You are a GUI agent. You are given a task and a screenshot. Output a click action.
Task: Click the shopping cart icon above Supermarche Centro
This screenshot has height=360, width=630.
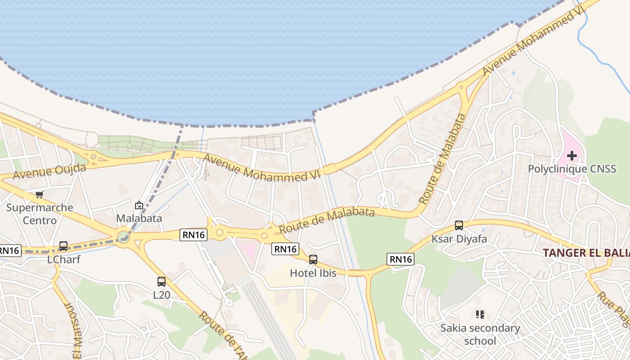coord(39,195)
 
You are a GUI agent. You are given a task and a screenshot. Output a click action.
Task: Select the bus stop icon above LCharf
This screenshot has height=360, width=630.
coord(63,246)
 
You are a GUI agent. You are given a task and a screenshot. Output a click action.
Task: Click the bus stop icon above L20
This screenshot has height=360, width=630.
coord(162,282)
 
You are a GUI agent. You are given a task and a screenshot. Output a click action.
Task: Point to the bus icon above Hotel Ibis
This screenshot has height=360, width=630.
coord(313,260)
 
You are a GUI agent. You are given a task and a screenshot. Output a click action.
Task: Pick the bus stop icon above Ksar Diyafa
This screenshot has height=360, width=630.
coord(459,225)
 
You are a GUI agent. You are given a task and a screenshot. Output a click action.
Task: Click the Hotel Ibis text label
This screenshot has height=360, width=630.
coord(312,273)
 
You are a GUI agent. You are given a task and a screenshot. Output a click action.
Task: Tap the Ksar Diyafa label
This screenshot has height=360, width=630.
coord(459,238)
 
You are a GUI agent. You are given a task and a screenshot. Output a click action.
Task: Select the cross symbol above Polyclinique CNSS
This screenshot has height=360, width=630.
coord(571,156)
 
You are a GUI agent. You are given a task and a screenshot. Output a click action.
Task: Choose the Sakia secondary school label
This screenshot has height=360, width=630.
coord(480,334)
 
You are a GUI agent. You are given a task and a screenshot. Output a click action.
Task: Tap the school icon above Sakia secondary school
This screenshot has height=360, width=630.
coord(480,314)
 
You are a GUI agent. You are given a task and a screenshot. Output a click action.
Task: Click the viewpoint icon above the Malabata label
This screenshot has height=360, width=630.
coord(139,205)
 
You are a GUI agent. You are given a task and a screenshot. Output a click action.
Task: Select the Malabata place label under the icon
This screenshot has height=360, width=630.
coord(139,218)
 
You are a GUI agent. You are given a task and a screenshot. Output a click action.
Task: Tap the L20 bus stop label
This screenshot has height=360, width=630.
coord(162,295)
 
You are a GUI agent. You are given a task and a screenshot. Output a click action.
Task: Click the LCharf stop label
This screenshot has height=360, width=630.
coord(63,260)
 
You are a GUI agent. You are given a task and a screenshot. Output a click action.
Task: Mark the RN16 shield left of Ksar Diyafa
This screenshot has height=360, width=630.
coord(400,259)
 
